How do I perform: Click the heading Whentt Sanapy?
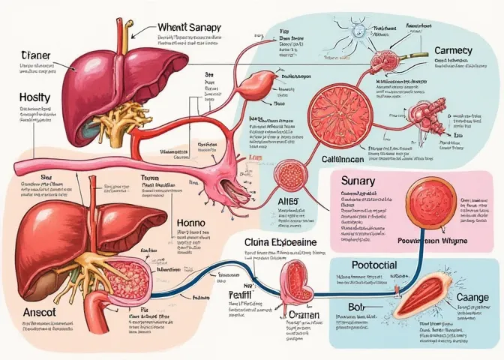click(x=189, y=28)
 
